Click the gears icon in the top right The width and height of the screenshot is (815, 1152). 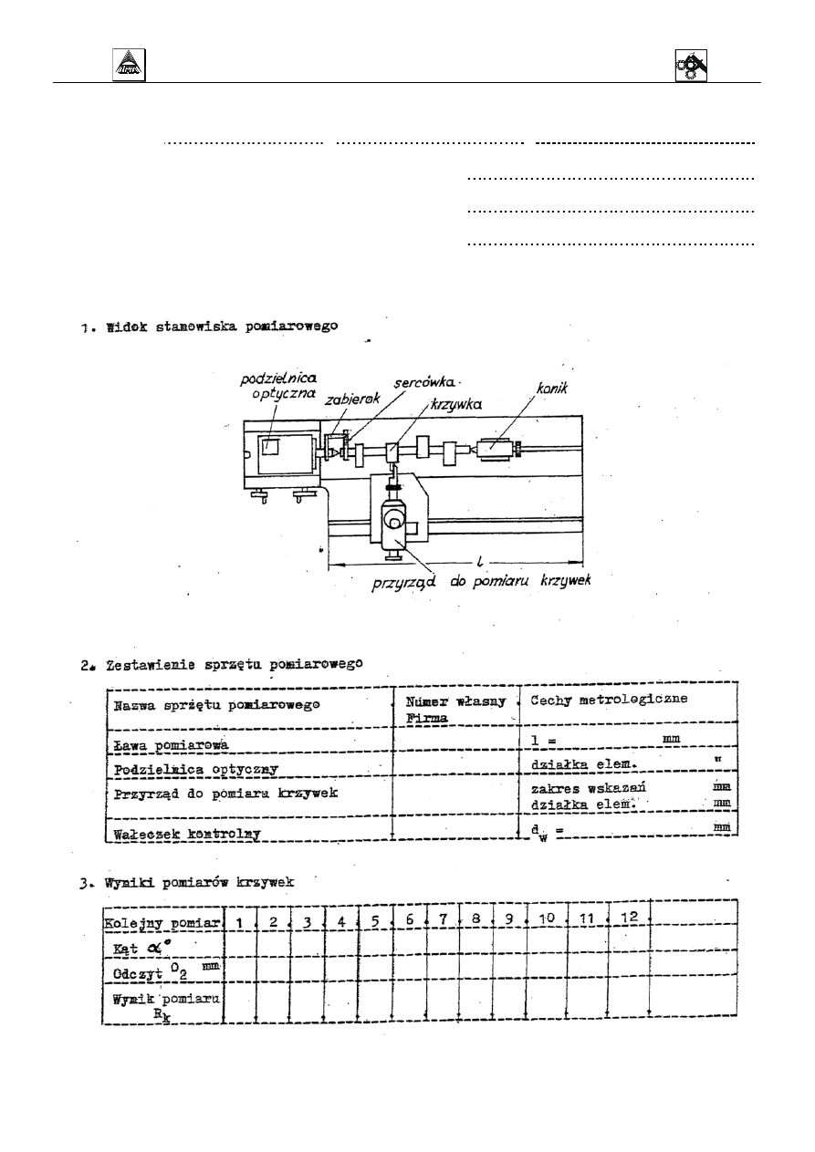692,66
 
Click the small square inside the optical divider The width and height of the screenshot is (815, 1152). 270,447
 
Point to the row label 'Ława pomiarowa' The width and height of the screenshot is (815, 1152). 159,745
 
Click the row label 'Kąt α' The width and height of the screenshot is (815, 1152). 138,948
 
